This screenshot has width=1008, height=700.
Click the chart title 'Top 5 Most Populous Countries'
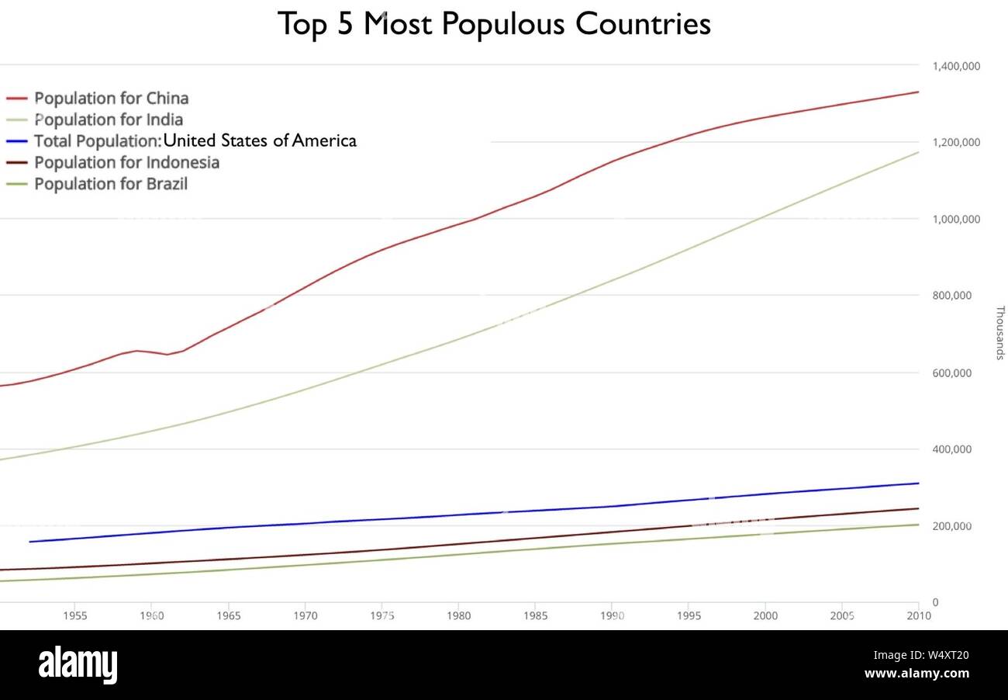(x=494, y=24)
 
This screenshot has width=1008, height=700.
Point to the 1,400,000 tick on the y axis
(x=956, y=67)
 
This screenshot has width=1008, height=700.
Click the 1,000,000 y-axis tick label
(x=956, y=220)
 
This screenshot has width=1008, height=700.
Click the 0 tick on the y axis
(x=936, y=602)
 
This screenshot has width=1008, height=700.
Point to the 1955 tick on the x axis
(x=74, y=615)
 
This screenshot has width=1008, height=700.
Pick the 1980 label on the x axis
(x=458, y=615)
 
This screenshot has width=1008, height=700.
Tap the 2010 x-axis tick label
(x=919, y=615)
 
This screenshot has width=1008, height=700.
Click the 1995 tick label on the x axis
(x=689, y=615)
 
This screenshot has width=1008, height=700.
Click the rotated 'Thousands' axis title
(x=999, y=333)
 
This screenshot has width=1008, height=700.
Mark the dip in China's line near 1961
(x=167, y=355)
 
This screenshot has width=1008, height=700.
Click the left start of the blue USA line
(x=29, y=542)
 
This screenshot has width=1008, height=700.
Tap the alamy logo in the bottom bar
(x=78, y=665)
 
